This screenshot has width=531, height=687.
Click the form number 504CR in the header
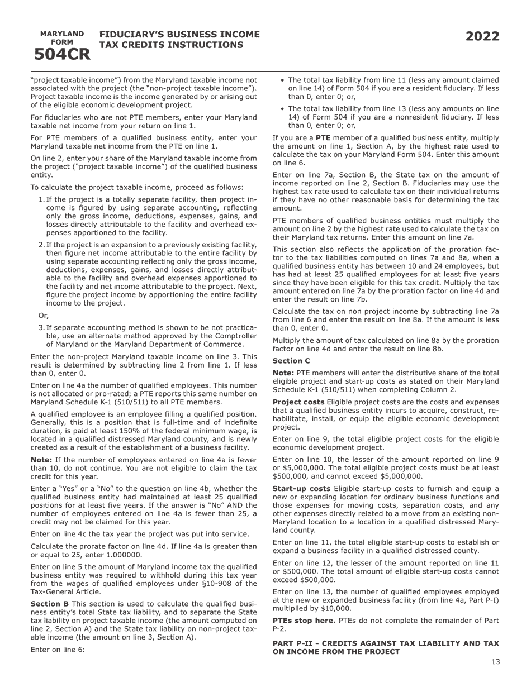[x=62, y=55]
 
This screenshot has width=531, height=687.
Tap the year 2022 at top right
[x=482, y=37]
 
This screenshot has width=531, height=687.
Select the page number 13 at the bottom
[x=496, y=662]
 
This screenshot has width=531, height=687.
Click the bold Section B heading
[x=50, y=604]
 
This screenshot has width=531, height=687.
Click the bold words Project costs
[x=298, y=402]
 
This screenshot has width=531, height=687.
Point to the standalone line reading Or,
[x=43, y=316]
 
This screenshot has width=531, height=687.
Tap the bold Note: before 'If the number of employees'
[x=41, y=460]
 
